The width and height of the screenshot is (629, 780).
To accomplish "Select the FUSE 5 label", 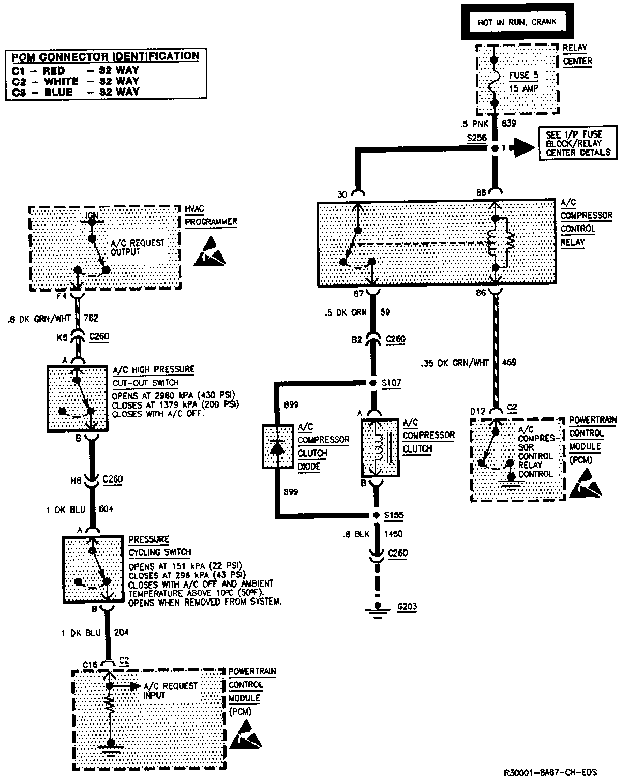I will pyautogui.click(x=523, y=75).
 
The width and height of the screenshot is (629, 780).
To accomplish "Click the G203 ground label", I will pyautogui.click(x=407, y=607).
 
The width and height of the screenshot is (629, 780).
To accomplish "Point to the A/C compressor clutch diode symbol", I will pyautogui.click(x=278, y=446).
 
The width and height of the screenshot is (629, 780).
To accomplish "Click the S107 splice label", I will pyautogui.click(x=392, y=383).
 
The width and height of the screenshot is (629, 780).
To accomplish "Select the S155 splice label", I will pyautogui.click(x=393, y=515).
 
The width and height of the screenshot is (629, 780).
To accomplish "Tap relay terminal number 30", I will pyautogui.click(x=342, y=195).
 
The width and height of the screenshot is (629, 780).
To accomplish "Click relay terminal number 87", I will pyautogui.click(x=358, y=294).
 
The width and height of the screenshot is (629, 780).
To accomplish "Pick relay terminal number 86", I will pyautogui.click(x=481, y=293).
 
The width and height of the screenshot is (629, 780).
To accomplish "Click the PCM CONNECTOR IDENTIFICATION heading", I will pyautogui.click(x=106, y=56).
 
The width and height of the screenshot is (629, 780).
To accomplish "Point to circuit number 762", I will pyautogui.click(x=90, y=319).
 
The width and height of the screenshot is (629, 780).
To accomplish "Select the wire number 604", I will pyautogui.click(x=106, y=509).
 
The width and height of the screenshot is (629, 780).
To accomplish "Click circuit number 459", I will pyautogui.click(x=510, y=363).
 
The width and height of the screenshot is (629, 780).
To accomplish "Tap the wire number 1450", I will pyautogui.click(x=393, y=534).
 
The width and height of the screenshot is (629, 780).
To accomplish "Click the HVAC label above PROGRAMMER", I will pyautogui.click(x=194, y=208).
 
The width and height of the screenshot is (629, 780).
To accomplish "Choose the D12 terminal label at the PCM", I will pyautogui.click(x=478, y=411).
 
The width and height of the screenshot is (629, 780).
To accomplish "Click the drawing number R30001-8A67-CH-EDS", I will pyautogui.click(x=550, y=772).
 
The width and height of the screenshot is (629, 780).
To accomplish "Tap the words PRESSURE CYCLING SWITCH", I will pyautogui.click(x=159, y=546).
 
